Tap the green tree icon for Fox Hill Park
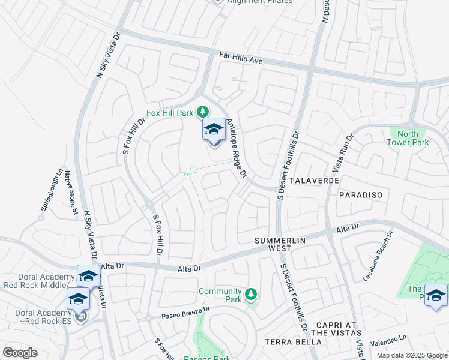coord(203,112)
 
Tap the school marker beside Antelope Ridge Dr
coord(214,131)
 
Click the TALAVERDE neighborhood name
coord(315,180)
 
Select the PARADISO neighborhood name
coord(360,196)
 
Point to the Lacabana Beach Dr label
coord(377,256)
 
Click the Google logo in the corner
coord(20,353)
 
